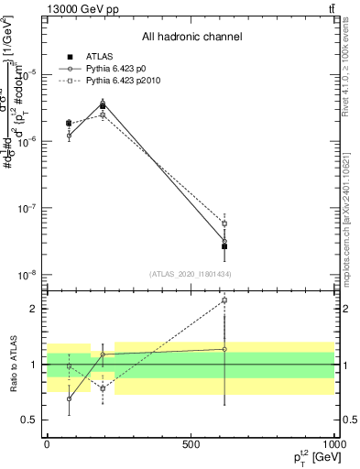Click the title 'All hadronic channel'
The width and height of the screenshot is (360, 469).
click(x=191, y=37)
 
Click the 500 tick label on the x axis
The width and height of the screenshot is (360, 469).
click(x=191, y=444)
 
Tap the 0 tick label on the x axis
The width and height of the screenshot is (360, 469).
click(x=47, y=444)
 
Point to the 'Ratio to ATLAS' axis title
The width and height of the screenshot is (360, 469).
click(x=13, y=364)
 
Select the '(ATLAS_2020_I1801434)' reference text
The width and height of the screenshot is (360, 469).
click(x=191, y=274)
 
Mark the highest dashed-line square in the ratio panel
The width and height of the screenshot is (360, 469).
click(x=224, y=300)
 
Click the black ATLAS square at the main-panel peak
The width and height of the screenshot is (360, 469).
click(x=103, y=106)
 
